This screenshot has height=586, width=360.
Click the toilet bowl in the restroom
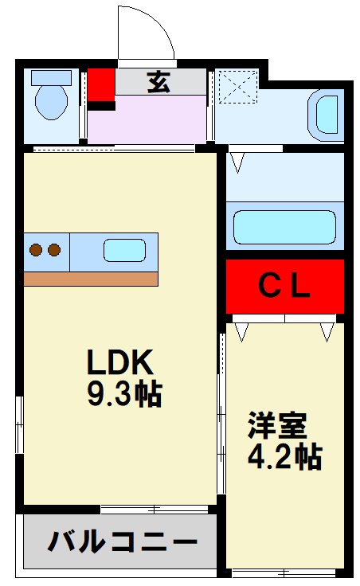click(53, 100)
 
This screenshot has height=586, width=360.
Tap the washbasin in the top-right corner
click(327, 114)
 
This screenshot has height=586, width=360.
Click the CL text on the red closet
click(284, 286)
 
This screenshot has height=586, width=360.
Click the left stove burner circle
click(37, 250)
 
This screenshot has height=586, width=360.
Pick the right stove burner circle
click(54, 250)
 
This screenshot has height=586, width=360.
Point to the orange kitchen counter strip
click(91, 279)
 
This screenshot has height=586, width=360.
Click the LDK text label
click(119, 364)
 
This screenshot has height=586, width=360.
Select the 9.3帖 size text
click(123, 394)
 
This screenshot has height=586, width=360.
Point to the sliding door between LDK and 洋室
click(221, 414)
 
